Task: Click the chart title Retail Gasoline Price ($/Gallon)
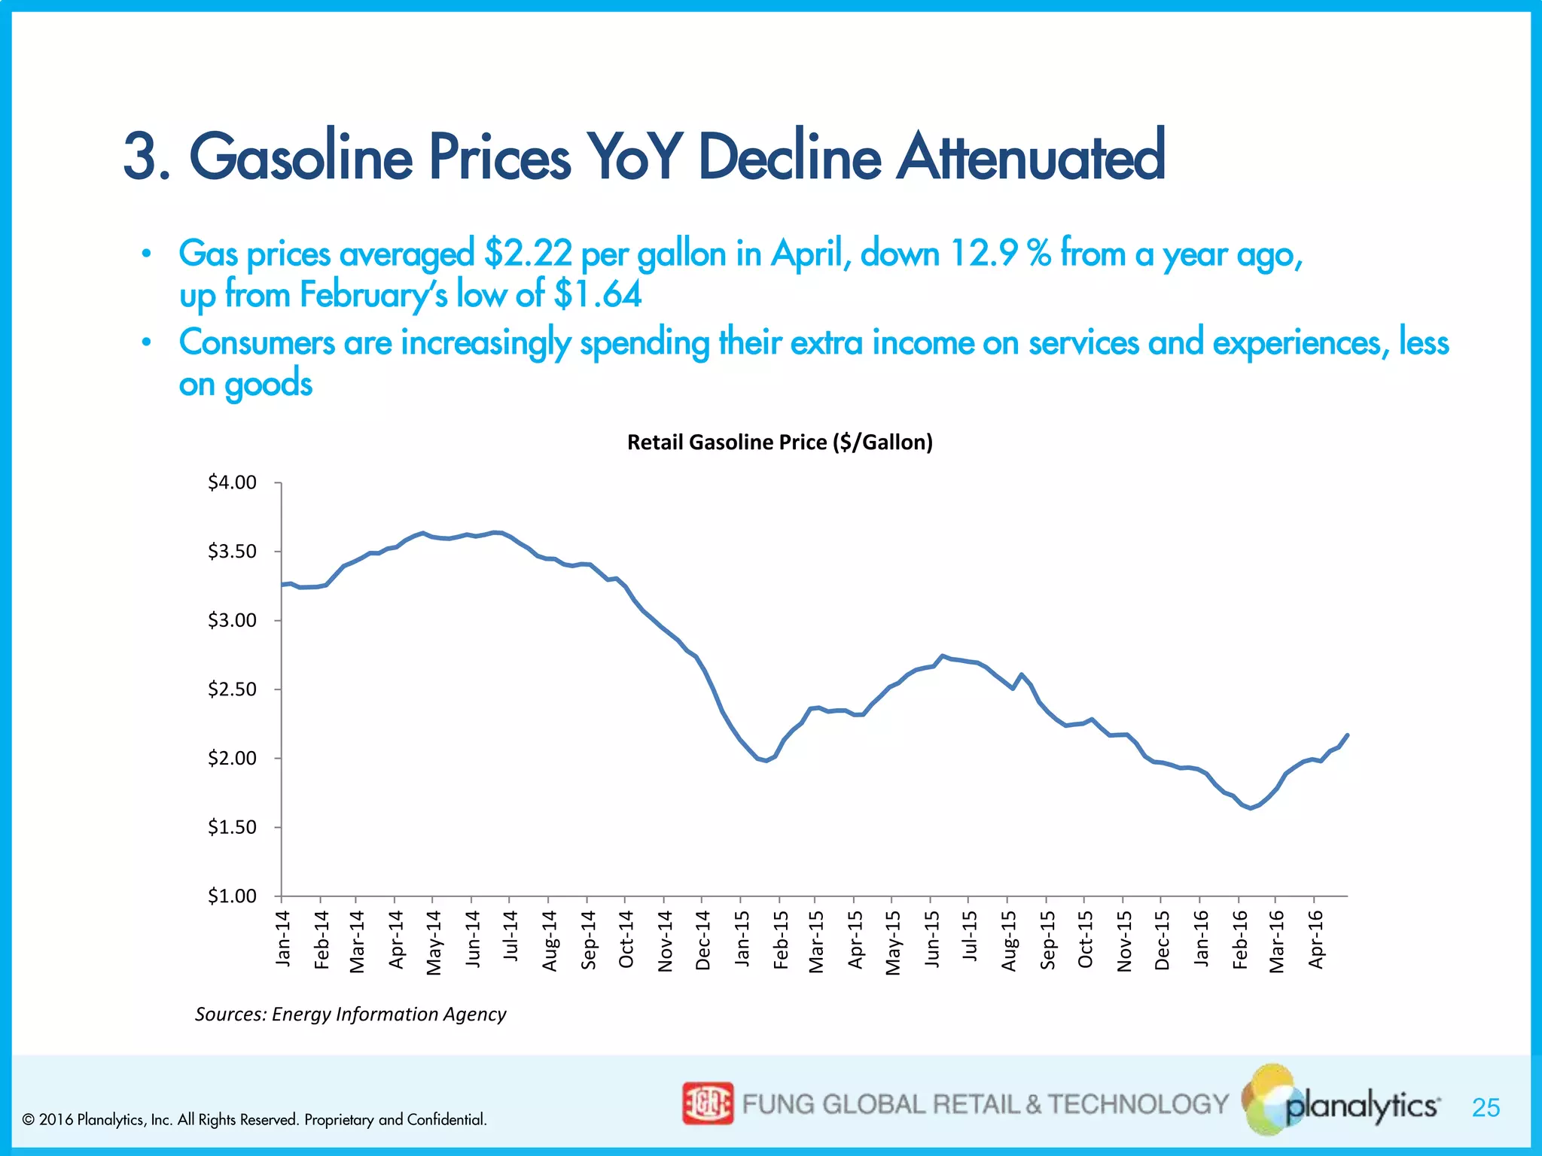[x=779, y=442]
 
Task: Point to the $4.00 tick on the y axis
[x=232, y=482]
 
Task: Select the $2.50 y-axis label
[x=232, y=689]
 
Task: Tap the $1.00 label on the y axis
[x=232, y=896]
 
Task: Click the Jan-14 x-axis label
[x=283, y=938]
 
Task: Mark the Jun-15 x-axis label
[x=932, y=938]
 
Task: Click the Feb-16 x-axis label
[x=1239, y=939]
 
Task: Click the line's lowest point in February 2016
[x=1251, y=808]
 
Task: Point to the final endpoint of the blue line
[x=1347, y=735]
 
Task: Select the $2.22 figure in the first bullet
[x=529, y=254]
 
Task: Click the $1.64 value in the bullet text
[x=598, y=294]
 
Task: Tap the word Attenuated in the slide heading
[x=1031, y=157]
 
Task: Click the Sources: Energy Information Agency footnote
[x=350, y=1014]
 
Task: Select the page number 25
[x=1486, y=1108]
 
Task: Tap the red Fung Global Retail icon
[x=707, y=1103]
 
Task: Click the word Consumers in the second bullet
[x=257, y=342]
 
